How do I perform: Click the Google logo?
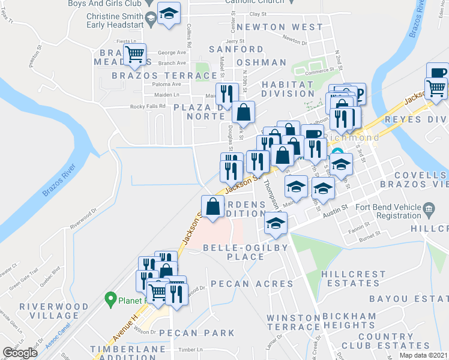click(20, 353)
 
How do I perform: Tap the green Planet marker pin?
click(110, 297)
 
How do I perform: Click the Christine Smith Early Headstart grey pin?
click(151, 19)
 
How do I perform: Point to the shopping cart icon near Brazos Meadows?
click(135, 55)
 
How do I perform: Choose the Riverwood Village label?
click(49, 311)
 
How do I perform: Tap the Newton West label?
click(280, 28)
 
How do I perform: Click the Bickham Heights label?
click(349, 320)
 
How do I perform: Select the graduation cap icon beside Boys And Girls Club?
click(169, 14)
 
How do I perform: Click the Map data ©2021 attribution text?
click(423, 355)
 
